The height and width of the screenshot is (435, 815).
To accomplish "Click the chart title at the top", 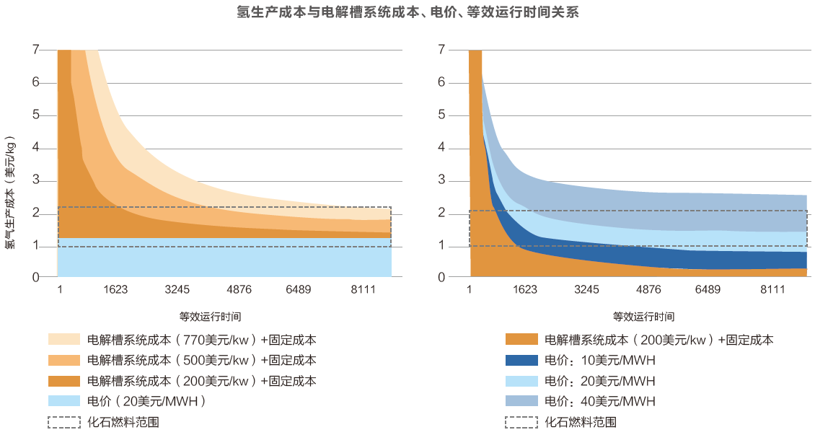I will [x=407, y=12].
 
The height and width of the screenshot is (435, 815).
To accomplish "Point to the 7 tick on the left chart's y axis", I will [x=35, y=50].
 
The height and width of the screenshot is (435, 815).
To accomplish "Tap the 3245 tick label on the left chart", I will [x=177, y=290].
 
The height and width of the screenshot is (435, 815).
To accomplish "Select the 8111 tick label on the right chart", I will [x=772, y=290].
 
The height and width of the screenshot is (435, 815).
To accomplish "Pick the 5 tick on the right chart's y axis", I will [x=442, y=115].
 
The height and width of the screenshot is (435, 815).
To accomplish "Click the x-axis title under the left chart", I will [x=210, y=316].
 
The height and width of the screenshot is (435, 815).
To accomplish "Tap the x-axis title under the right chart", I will [x=643, y=316].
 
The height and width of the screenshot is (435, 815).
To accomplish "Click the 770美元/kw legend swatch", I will [x=64, y=339].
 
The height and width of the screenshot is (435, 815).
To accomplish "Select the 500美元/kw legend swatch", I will [x=64, y=360].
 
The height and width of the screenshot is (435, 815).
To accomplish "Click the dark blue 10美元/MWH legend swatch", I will [x=521, y=360].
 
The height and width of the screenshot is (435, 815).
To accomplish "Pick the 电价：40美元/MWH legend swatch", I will [x=521, y=401].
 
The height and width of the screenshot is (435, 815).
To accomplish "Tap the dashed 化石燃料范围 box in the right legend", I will [x=521, y=422].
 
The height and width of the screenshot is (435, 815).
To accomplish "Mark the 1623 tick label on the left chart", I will [x=115, y=290].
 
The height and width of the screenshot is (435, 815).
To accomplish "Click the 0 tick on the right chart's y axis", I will [x=442, y=277].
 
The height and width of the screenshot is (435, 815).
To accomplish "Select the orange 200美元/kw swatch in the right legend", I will [x=521, y=340].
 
